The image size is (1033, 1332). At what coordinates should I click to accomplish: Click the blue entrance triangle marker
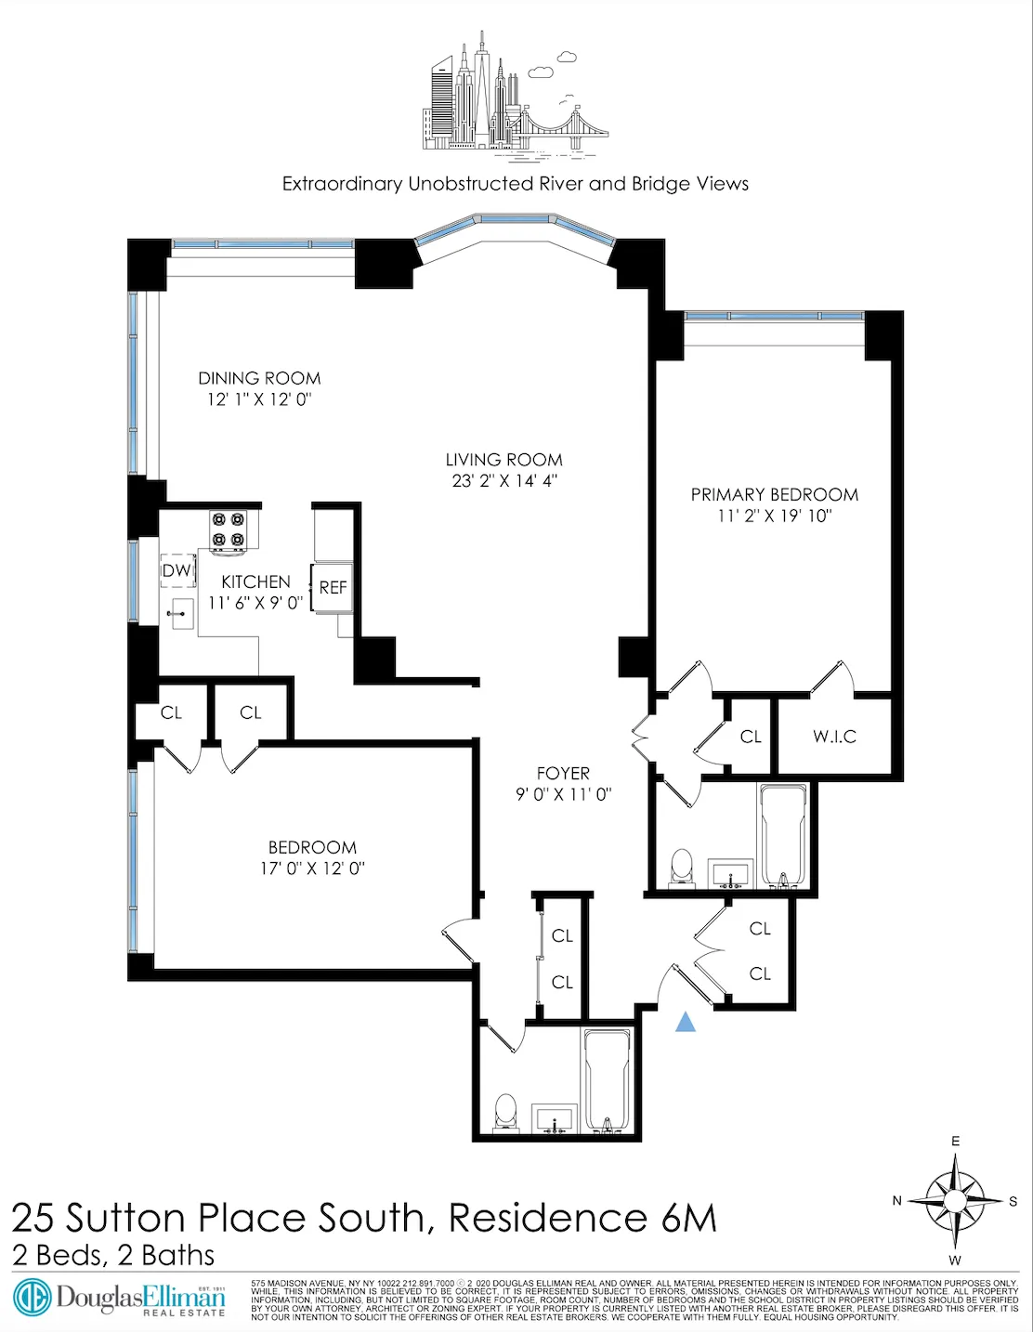[685, 1022]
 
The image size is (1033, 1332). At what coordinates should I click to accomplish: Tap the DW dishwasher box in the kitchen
[177, 571]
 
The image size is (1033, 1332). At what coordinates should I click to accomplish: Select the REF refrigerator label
[333, 588]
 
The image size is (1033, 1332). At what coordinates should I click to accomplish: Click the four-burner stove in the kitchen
[229, 529]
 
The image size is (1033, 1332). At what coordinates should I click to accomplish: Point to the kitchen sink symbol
[180, 613]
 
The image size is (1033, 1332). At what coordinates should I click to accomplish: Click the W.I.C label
[834, 737]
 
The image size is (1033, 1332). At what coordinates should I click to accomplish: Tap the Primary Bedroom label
[774, 494]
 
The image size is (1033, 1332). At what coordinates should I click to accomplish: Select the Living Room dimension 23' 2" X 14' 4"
[503, 481]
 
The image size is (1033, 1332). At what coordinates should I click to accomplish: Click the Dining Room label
[259, 378]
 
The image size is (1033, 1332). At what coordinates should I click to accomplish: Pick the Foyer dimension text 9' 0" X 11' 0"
[563, 794]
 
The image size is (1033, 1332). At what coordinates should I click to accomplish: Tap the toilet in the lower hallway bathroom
[505, 1112]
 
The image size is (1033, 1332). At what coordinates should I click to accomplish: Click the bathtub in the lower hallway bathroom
[607, 1081]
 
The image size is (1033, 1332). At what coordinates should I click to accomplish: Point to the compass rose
[955, 1201]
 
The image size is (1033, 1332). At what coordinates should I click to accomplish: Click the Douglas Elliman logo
[119, 1298]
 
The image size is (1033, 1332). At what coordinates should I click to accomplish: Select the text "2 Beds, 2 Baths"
[113, 1256]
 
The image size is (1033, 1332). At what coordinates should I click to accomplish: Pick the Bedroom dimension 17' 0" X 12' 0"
[312, 868]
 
